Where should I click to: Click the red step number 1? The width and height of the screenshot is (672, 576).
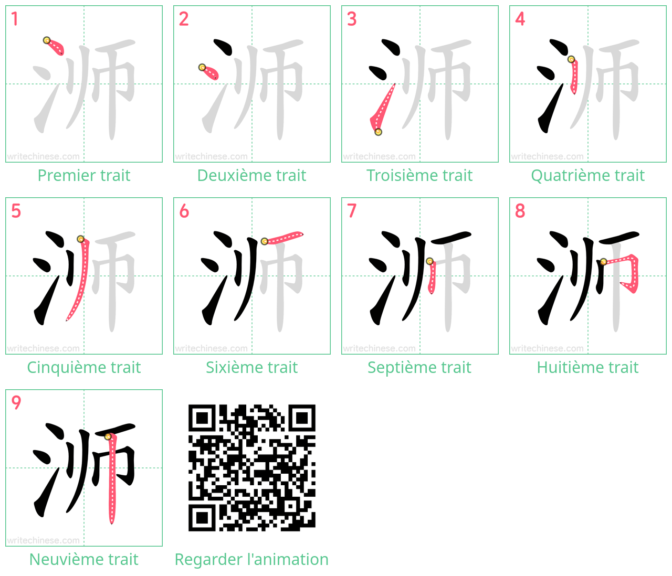(14, 19)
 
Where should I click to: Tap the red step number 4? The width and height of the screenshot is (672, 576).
(520, 19)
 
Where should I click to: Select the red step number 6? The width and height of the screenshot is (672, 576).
(184, 211)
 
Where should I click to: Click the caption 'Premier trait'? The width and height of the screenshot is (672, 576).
(84, 175)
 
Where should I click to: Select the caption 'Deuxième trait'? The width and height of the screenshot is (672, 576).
(251, 175)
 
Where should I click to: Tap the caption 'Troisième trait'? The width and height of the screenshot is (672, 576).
(419, 175)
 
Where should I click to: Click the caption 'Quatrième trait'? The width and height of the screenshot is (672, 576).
(587, 175)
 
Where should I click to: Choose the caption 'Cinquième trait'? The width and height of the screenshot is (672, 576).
(84, 367)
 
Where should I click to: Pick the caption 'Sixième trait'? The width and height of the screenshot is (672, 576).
(251, 367)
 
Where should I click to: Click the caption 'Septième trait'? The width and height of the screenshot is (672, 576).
(419, 367)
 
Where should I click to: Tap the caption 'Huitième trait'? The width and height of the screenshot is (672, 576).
(587, 367)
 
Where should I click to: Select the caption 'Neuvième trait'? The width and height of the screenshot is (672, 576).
(84, 559)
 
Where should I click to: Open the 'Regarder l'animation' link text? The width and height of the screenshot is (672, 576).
(251, 559)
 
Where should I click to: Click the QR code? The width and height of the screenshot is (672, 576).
(251, 467)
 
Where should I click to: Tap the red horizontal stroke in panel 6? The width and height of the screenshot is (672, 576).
(283, 238)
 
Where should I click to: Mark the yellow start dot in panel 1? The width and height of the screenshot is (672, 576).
(47, 40)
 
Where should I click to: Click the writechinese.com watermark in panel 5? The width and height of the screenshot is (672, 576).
(43, 348)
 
